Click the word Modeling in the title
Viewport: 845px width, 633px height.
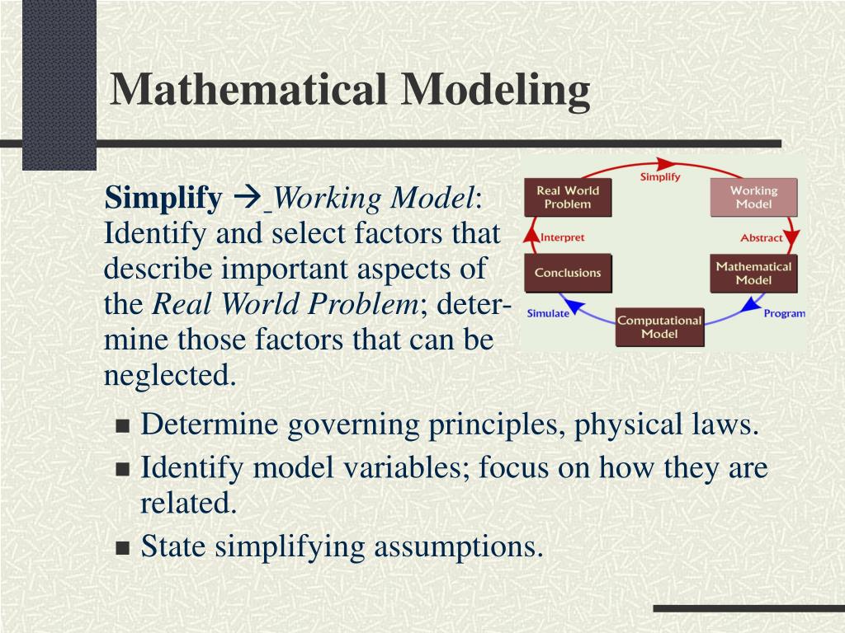[x=495, y=89]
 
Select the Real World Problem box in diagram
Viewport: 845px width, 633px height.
[x=568, y=197]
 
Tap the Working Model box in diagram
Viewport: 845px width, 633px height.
[x=753, y=197]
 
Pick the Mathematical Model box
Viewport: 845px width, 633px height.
[x=753, y=273]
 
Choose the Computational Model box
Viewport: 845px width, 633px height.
[x=659, y=326]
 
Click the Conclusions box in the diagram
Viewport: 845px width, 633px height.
[x=568, y=273]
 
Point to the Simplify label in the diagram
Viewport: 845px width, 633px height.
[x=660, y=177]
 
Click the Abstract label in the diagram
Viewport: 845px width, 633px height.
[x=761, y=237]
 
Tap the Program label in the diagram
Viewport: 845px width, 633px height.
[x=784, y=313]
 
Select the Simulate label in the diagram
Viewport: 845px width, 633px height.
[x=548, y=313]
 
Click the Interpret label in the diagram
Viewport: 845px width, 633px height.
[x=562, y=237]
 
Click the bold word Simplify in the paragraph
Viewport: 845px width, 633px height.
[x=163, y=199]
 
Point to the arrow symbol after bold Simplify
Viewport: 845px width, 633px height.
[x=246, y=199]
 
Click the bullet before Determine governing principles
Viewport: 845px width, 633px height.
[x=123, y=427]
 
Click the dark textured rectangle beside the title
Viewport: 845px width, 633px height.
[x=59, y=82]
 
